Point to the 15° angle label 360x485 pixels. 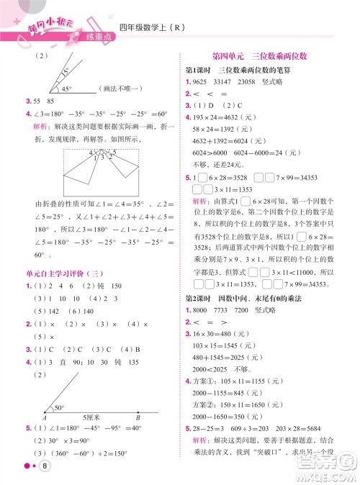(x=65, y=72)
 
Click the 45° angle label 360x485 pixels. (x=66, y=89)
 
